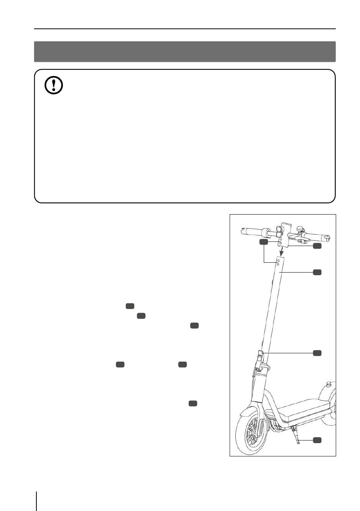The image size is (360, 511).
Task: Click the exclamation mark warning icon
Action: [54, 86]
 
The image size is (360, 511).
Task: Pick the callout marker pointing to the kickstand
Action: [317, 440]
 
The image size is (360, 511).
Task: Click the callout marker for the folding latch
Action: [317, 353]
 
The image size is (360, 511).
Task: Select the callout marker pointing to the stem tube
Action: [317, 272]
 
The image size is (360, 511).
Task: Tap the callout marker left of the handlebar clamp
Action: [264, 242]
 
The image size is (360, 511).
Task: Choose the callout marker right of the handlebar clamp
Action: [317, 246]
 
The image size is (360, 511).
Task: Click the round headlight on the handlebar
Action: [279, 229]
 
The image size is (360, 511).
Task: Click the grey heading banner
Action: [185, 52]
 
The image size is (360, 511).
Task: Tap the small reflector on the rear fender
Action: [329, 384]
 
